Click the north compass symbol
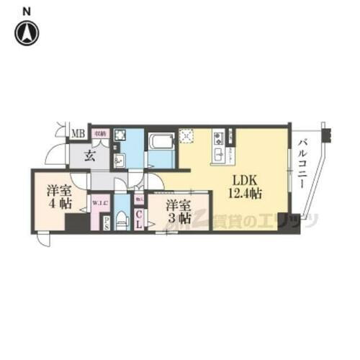pyautogui.click(x=27, y=33)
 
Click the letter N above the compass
pyautogui.click(x=27, y=10)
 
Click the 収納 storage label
pyautogui.click(x=102, y=133)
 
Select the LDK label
pyautogui.click(x=246, y=180)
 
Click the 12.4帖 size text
pyautogui.click(x=245, y=194)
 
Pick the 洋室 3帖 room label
pyautogui.click(x=178, y=210)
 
